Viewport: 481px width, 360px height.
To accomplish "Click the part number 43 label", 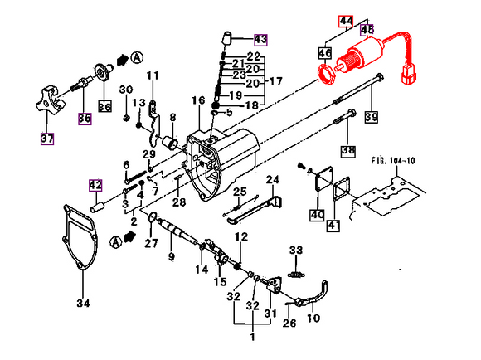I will pos(260,39).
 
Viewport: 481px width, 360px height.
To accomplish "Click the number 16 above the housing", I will pos(197,100).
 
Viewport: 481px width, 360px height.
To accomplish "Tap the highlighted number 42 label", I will pos(95,185).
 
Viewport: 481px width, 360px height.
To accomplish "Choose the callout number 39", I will pos(370,117).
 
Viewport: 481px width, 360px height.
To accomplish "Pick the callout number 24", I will pos(272,180).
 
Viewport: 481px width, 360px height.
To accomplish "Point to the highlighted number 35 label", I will pos(83,117).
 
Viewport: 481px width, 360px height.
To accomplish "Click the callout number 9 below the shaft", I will pos(171,257).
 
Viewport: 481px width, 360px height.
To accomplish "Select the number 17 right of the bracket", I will pos(275,81).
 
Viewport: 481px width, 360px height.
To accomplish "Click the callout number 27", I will pos(150,243).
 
